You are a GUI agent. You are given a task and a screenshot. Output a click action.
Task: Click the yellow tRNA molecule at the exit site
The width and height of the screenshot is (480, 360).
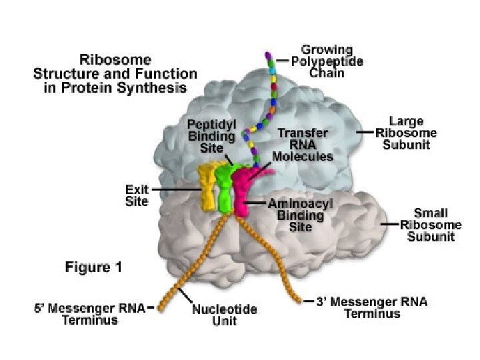(207, 186)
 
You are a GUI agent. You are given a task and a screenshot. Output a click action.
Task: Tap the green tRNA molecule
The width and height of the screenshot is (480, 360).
(225, 187)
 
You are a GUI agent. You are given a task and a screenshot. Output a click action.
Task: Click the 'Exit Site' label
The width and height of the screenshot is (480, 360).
(137, 195)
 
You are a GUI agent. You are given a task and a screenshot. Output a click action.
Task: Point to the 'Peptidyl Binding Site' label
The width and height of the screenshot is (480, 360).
(211, 136)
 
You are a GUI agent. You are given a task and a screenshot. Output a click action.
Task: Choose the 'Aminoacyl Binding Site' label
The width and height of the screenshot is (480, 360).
(300, 215)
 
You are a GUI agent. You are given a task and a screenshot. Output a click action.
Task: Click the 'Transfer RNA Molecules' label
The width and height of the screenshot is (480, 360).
(303, 145)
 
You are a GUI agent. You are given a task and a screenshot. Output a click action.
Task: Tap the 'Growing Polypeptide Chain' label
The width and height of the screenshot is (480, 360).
(327, 61)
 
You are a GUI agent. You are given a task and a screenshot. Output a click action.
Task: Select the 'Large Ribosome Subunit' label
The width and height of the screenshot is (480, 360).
(406, 133)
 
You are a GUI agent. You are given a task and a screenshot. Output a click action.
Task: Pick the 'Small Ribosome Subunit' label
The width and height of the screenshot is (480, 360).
(431, 225)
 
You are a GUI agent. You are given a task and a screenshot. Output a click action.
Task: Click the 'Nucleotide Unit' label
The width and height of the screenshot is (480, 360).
(225, 315)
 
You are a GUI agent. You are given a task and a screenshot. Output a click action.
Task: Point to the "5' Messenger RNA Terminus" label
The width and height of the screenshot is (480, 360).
(90, 314)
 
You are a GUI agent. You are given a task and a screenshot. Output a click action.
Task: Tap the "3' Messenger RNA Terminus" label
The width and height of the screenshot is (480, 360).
(372, 307)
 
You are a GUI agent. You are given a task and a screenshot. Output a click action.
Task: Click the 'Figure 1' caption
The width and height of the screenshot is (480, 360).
(94, 267)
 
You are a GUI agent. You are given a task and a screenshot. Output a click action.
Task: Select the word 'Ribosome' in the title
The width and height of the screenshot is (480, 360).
(115, 60)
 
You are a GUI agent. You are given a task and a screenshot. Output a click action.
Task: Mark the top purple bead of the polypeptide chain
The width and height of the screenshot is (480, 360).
(268, 56)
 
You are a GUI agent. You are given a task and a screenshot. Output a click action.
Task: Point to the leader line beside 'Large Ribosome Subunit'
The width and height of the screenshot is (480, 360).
(365, 132)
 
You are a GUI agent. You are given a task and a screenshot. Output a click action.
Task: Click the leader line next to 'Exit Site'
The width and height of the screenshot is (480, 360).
(176, 189)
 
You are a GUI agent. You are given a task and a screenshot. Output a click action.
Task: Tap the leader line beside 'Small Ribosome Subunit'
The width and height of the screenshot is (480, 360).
(389, 224)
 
